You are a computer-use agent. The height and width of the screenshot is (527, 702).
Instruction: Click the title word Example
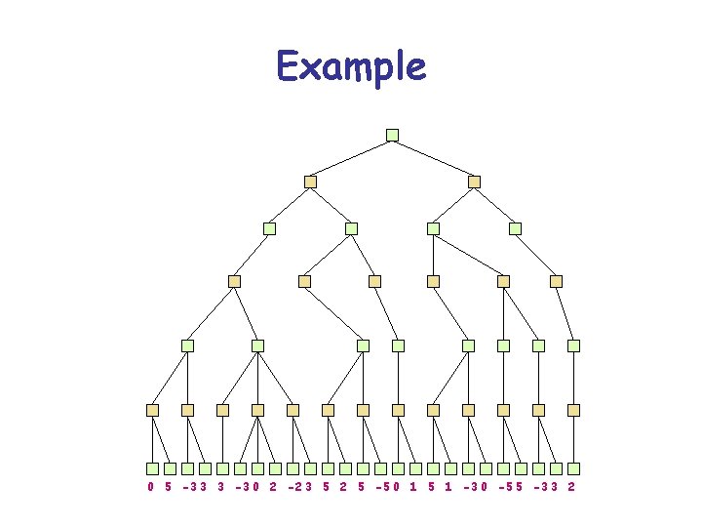click(x=351, y=67)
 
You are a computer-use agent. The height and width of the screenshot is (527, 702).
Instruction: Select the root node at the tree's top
click(x=392, y=135)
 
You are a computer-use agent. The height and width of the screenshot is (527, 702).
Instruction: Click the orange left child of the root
click(x=310, y=182)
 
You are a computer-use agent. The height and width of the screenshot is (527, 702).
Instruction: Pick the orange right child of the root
click(x=474, y=182)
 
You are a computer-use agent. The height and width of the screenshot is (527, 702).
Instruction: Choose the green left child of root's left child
click(x=269, y=228)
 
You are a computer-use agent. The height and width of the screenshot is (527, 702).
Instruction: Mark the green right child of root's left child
click(x=351, y=228)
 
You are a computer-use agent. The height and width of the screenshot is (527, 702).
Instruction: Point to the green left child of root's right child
click(x=433, y=228)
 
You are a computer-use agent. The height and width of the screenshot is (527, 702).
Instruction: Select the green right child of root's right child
click(x=515, y=228)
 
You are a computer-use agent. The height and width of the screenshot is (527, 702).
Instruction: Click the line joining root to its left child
click(x=351, y=158)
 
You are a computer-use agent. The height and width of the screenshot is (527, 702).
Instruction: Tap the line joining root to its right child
click(x=433, y=158)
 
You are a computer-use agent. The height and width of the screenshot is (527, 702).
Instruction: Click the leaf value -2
click(x=293, y=486)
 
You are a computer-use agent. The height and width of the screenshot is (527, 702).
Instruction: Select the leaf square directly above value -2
click(x=292, y=468)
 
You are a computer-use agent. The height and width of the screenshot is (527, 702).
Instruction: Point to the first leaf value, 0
click(x=151, y=486)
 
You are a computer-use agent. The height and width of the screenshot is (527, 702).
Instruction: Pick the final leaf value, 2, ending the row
click(x=571, y=486)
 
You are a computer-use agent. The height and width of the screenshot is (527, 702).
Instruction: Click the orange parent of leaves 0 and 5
click(x=152, y=410)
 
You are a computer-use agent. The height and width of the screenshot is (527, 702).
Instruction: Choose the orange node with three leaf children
click(x=257, y=410)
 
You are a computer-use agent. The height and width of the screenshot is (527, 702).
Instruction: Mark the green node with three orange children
click(x=257, y=345)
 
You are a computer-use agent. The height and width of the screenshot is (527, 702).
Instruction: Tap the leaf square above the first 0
click(x=152, y=468)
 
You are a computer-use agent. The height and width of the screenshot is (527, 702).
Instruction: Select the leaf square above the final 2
click(x=573, y=468)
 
